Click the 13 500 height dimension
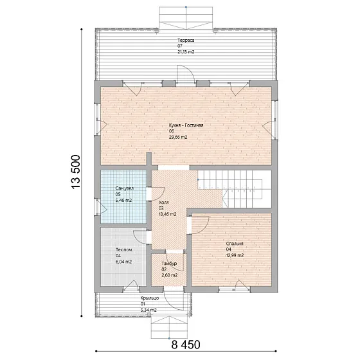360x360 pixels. click(76, 172)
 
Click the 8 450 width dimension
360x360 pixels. click(186, 345)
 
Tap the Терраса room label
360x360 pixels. click(186, 40)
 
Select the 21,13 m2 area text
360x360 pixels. click(186, 52)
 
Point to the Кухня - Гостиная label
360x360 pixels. click(186, 125)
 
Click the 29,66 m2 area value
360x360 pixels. click(178, 138)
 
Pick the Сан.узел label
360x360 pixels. click(125, 188)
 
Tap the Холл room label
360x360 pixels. click(164, 203)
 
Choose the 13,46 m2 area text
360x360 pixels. click(168, 214)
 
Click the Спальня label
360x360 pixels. click(235, 244)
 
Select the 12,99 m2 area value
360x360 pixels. click(235, 255)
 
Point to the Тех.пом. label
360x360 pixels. click(124, 250)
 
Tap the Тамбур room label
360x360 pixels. click(169, 264)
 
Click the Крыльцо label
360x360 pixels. click(150, 298)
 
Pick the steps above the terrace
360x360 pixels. click(186, 18)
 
